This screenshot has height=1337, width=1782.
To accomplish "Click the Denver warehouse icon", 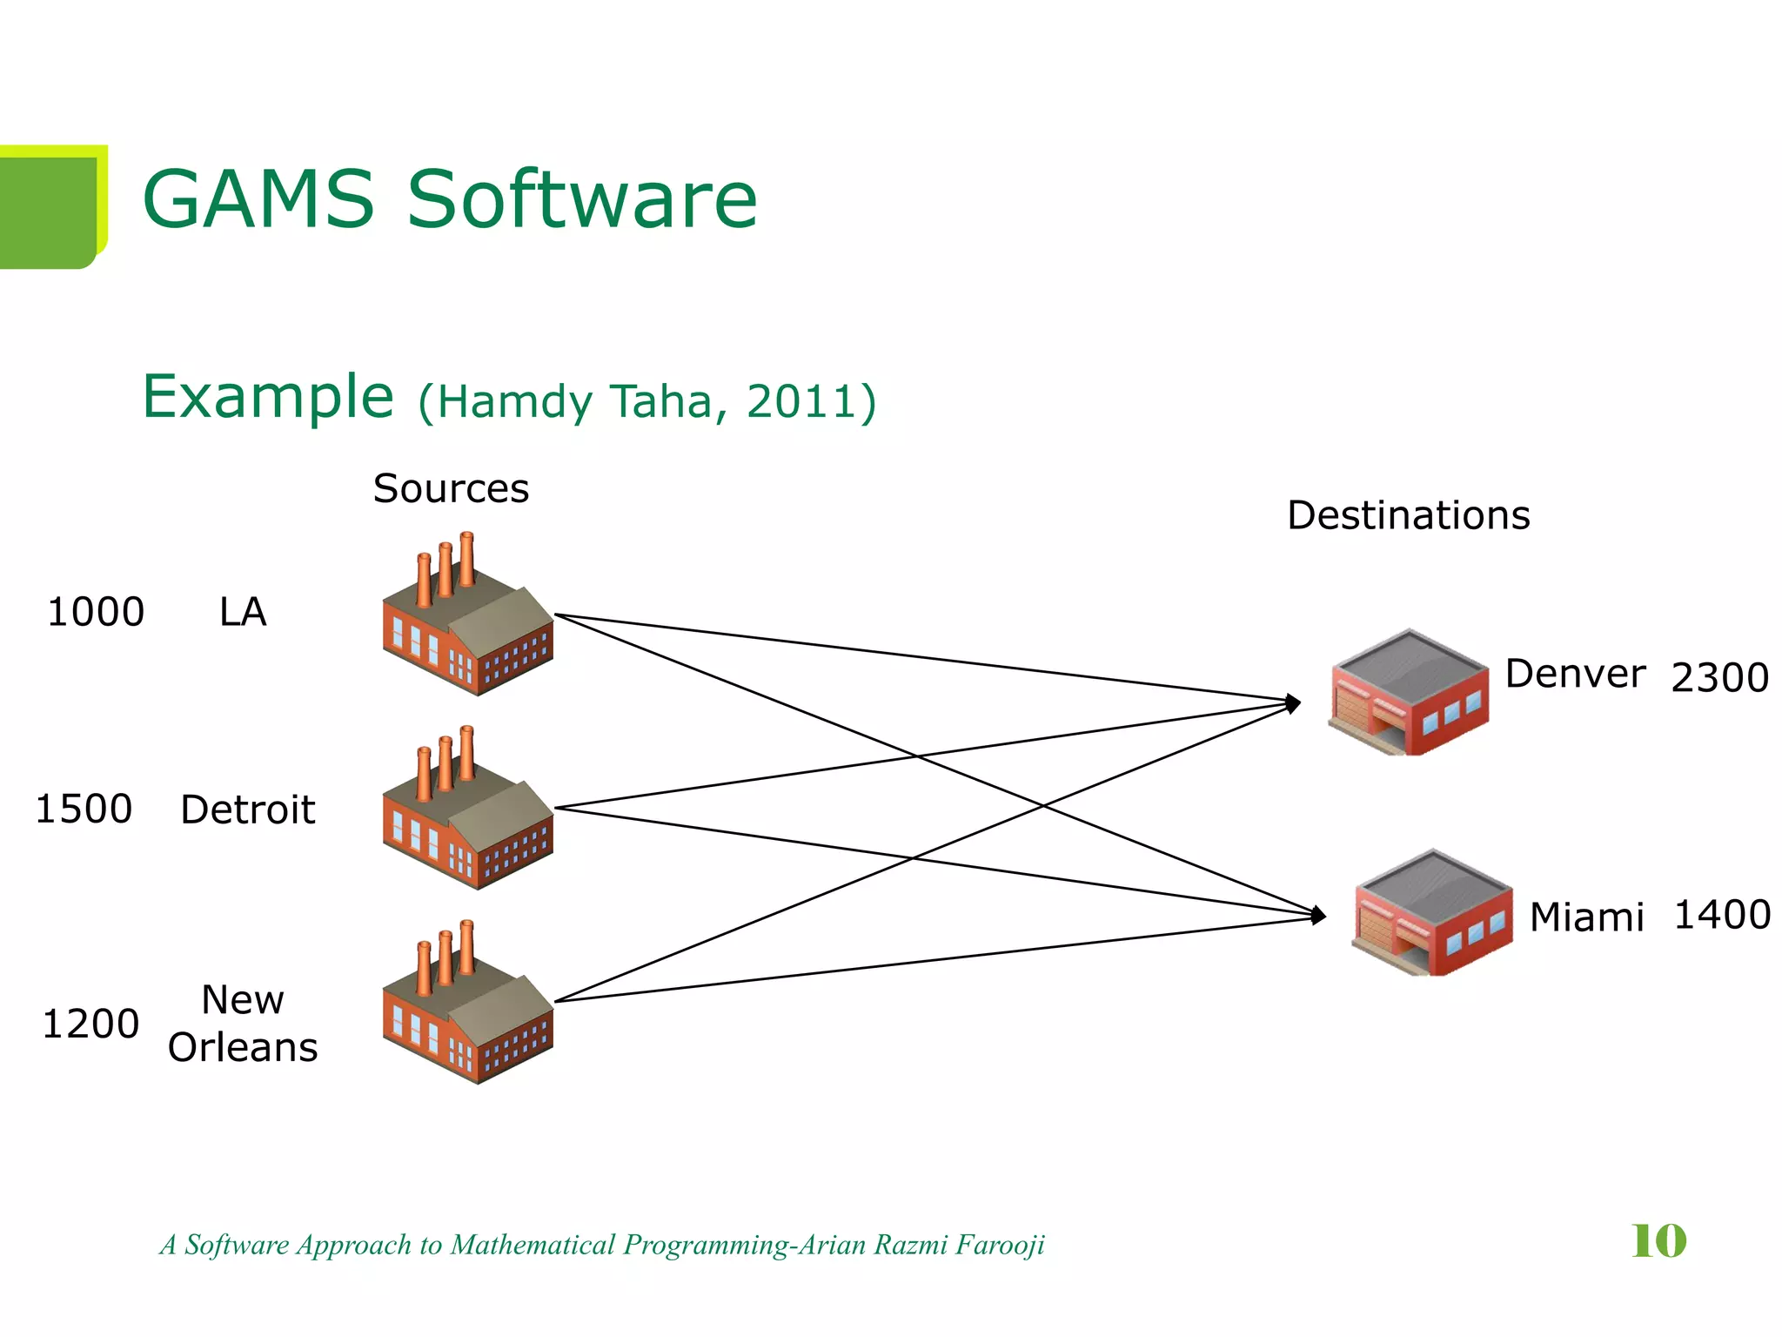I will [x=1409, y=693].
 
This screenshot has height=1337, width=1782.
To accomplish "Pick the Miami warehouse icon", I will [x=1433, y=913].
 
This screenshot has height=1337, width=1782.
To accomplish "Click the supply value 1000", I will [x=96, y=612].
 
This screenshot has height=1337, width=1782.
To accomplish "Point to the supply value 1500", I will [x=84, y=809].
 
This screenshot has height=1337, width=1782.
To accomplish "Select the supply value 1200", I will [x=90, y=1024].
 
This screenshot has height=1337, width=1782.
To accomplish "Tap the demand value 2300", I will [x=1719, y=677].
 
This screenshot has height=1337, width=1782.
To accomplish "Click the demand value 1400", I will [x=1722, y=915].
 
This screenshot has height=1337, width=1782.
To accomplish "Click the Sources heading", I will [x=451, y=488].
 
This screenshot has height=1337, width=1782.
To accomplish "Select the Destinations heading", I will [x=1408, y=515].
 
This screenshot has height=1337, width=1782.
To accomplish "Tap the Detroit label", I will [x=247, y=810].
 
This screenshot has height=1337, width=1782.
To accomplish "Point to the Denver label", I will [x=1575, y=674].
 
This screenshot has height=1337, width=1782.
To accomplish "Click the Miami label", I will [x=1586, y=917].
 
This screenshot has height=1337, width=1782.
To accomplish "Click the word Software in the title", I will [x=582, y=199].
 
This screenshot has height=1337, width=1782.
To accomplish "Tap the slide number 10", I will [x=1658, y=1240].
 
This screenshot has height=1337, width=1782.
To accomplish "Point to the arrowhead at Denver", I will [x=1295, y=702].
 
